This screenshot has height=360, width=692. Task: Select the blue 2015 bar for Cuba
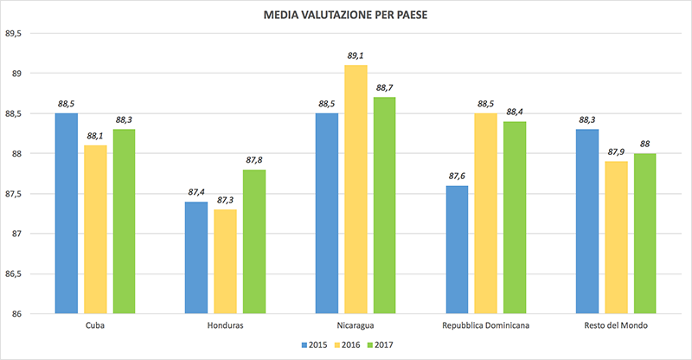click(67, 213)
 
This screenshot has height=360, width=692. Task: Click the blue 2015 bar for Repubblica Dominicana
click(457, 249)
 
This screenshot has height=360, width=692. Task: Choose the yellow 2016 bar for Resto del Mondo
click(615, 237)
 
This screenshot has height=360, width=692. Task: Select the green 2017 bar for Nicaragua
click(384, 205)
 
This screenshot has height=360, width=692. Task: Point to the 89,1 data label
click(356, 55)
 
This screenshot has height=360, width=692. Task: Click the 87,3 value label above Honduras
click(226, 200)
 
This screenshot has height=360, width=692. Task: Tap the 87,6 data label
click(457, 176)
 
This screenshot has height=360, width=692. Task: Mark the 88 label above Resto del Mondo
click(644, 144)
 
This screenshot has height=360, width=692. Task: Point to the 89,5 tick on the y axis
click(15, 34)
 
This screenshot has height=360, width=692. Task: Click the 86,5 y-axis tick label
click(15, 274)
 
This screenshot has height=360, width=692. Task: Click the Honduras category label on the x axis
click(226, 325)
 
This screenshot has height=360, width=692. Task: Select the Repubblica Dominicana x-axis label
click(485, 325)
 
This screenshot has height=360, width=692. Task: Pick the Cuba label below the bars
click(95, 325)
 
